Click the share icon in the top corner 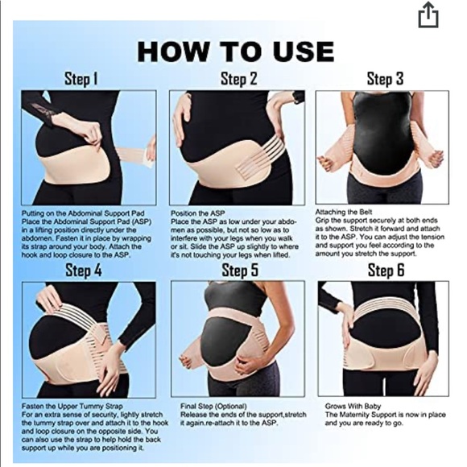pyautogui.click(x=428, y=16)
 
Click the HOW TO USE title pyautogui.click(x=235, y=51)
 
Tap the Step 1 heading pyautogui.click(x=81, y=79)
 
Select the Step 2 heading pyautogui.click(x=239, y=79)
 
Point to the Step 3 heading pyautogui.click(x=385, y=79)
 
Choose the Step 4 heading pyautogui.click(x=84, y=270)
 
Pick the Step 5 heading pyautogui.click(x=240, y=270)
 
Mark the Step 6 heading pyautogui.click(x=386, y=270)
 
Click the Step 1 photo pyautogui.click(x=89, y=147)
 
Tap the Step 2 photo pyautogui.click(x=237, y=147)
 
